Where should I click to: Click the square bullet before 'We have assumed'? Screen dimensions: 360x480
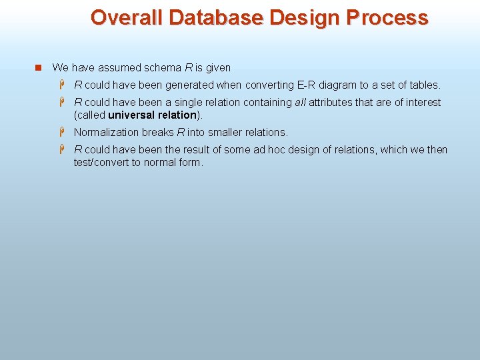click(38, 68)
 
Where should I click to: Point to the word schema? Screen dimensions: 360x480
click(165, 67)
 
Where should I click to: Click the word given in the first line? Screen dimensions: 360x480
click(217, 67)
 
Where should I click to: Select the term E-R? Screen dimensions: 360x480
click(307, 85)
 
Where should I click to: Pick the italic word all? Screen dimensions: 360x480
click(301, 103)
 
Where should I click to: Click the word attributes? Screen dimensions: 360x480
click(331, 103)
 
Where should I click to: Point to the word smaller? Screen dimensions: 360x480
click(225, 132)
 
